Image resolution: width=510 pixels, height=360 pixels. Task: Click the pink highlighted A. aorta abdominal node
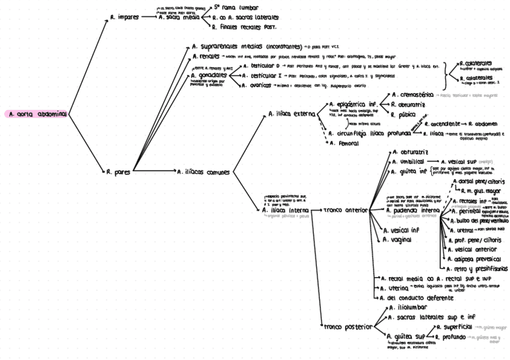tap(35, 114)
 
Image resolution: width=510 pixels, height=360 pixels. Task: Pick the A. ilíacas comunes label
tap(203, 172)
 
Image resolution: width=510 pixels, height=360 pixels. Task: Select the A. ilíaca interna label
tap(285, 210)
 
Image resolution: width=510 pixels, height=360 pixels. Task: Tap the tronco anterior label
tap(345, 210)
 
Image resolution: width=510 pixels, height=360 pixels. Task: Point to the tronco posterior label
tap(348, 327)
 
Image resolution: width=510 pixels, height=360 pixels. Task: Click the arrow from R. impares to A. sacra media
tap(149, 17)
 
